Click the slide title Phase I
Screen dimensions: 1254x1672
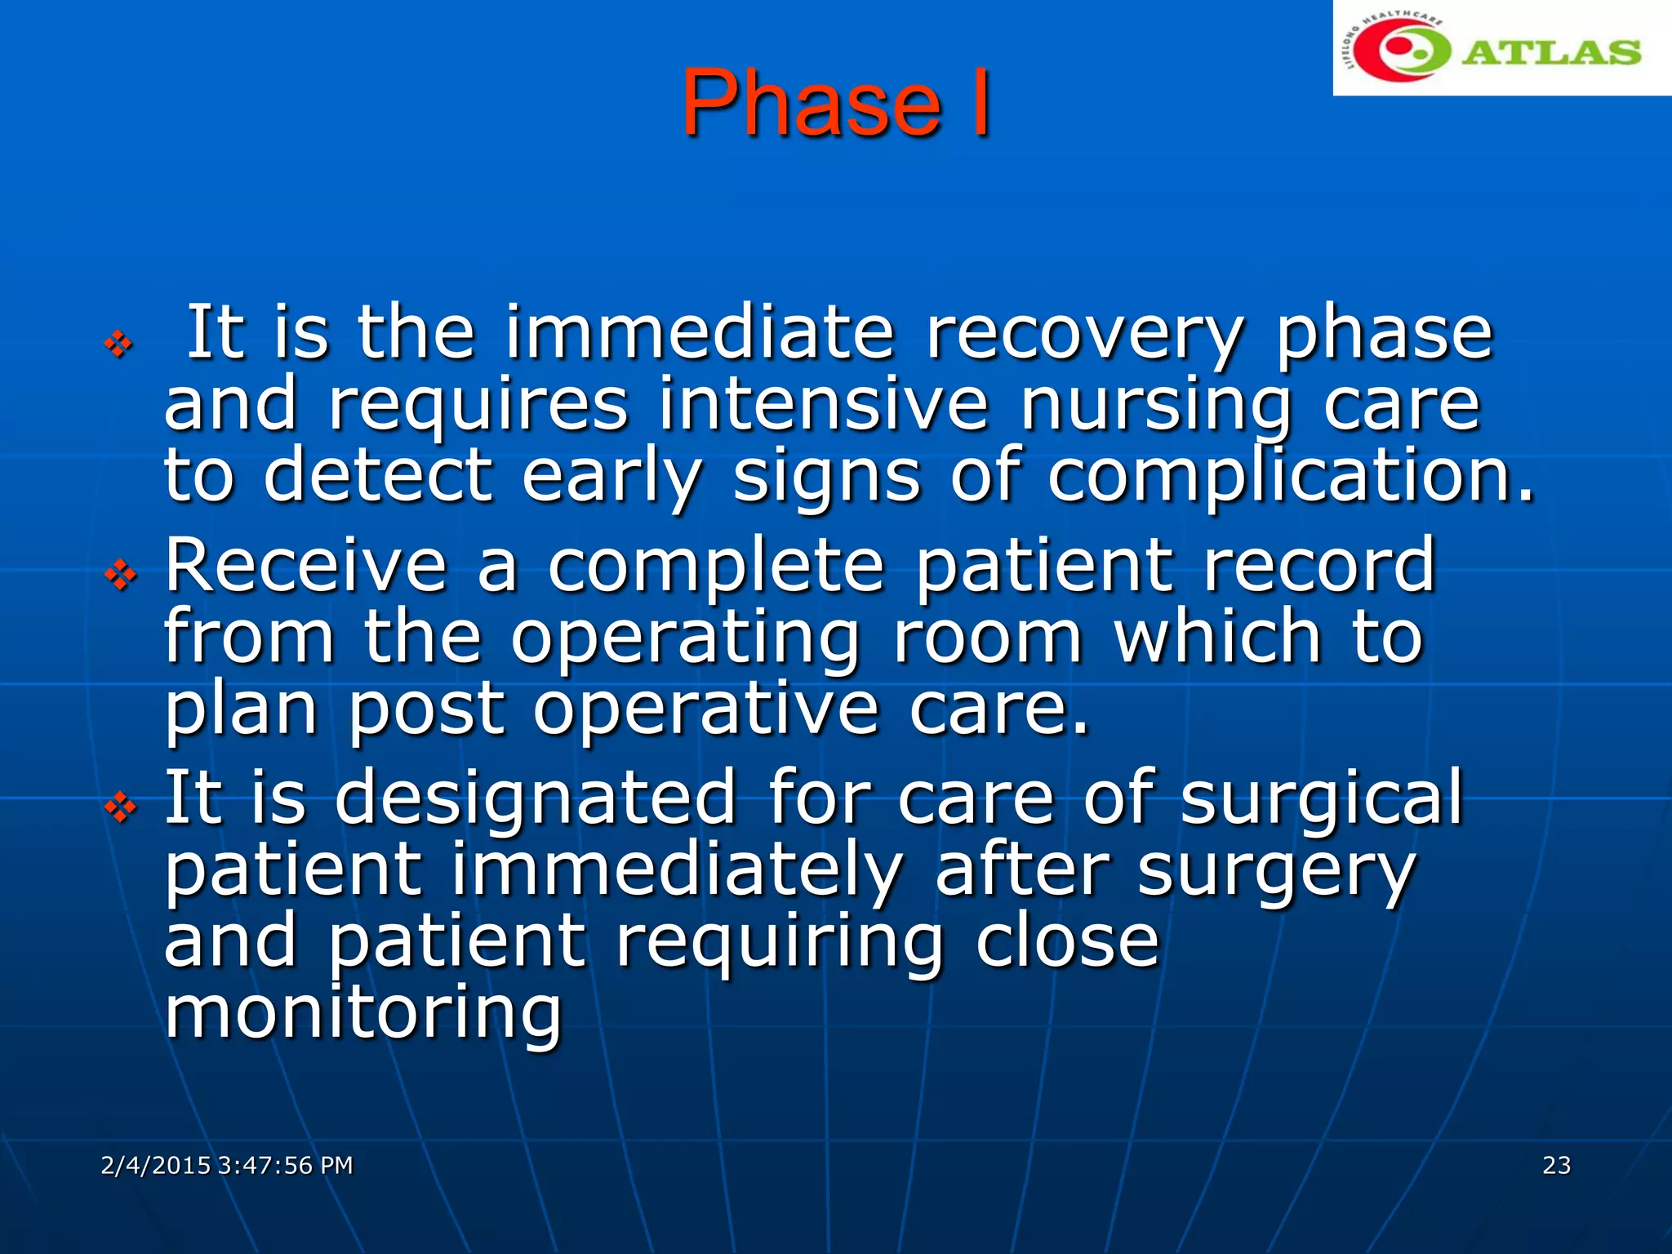click(x=836, y=104)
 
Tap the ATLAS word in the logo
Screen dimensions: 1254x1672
click(x=1550, y=52)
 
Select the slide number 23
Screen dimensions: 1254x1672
click(x=1556, y=1165)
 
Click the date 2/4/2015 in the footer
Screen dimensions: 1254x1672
click(x=155, y=1165)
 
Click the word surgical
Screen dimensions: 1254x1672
click(x=1321, y=798)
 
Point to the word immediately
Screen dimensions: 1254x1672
click(x=676, y=870)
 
